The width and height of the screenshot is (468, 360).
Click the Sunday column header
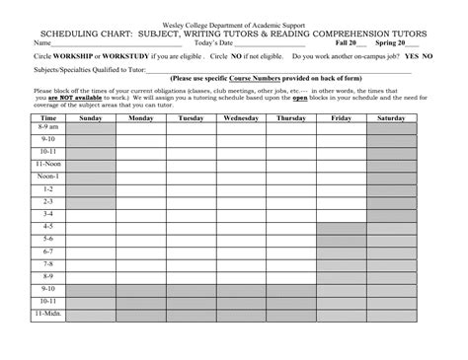(x=90, y=117)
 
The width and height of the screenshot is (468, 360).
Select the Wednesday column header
(x=242, y=117)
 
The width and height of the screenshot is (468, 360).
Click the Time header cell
(x=47, y=117)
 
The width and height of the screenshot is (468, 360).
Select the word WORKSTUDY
(x=150, y=57)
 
